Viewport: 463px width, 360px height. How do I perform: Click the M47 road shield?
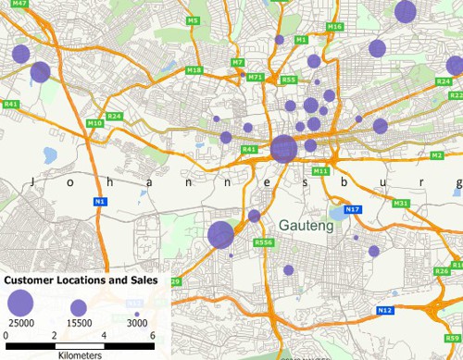(20, 5)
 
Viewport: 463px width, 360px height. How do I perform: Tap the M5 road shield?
(193, 20)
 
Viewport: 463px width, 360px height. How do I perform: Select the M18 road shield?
(194, 70)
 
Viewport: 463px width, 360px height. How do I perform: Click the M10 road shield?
(94, 123)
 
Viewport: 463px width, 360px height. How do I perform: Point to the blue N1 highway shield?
(100, 201)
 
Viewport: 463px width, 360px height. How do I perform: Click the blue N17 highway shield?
(352, 210)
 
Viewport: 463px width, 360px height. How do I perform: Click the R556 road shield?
(264, 243)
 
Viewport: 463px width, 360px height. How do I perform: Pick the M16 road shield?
(334, 27)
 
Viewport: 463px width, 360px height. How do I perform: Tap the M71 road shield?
(257, 77)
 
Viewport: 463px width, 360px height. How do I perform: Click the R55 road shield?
(289, 80)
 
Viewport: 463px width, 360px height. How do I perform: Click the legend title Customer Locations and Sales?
(80, 279)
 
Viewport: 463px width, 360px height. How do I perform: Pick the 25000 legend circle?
(20, 302)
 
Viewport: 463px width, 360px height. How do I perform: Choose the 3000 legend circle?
(137, 313)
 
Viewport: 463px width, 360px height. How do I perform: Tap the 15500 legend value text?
(79, 322)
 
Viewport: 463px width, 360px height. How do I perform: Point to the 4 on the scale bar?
(104, 334)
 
